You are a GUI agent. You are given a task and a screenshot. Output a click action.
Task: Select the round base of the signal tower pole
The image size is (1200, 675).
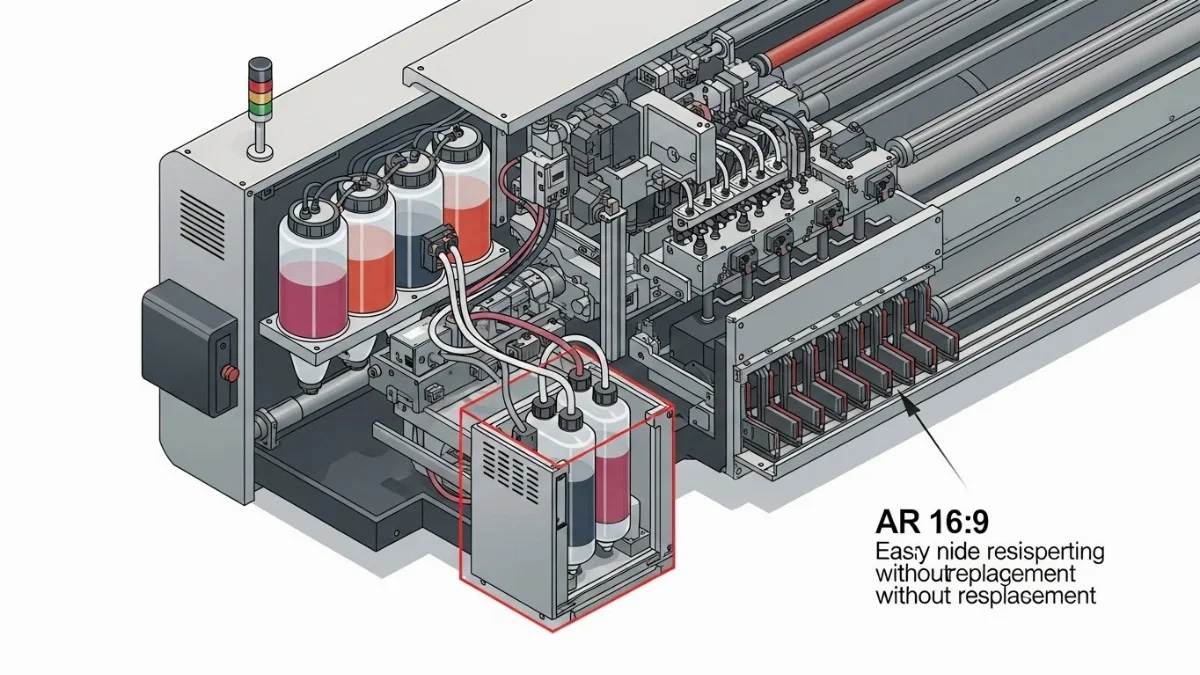click(x=261, y=152)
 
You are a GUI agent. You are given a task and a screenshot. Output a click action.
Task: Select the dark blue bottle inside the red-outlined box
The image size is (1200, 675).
click(x=553, y=490)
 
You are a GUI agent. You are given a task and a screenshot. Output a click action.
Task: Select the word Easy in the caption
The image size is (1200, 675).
click(x=897, y=551)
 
